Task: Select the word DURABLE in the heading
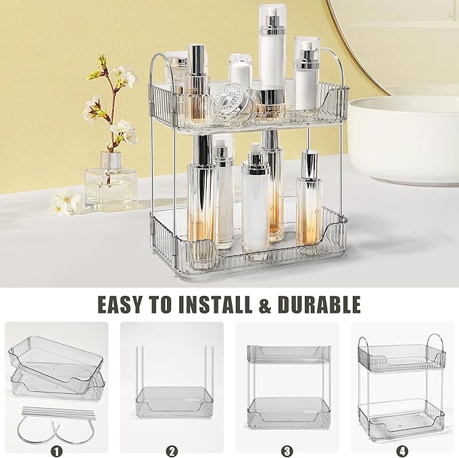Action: tap(319, 304)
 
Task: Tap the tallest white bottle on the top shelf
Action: tap(272, 54)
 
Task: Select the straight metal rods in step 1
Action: tap(57, 411)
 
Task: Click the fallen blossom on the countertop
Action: tap(65, 203)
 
